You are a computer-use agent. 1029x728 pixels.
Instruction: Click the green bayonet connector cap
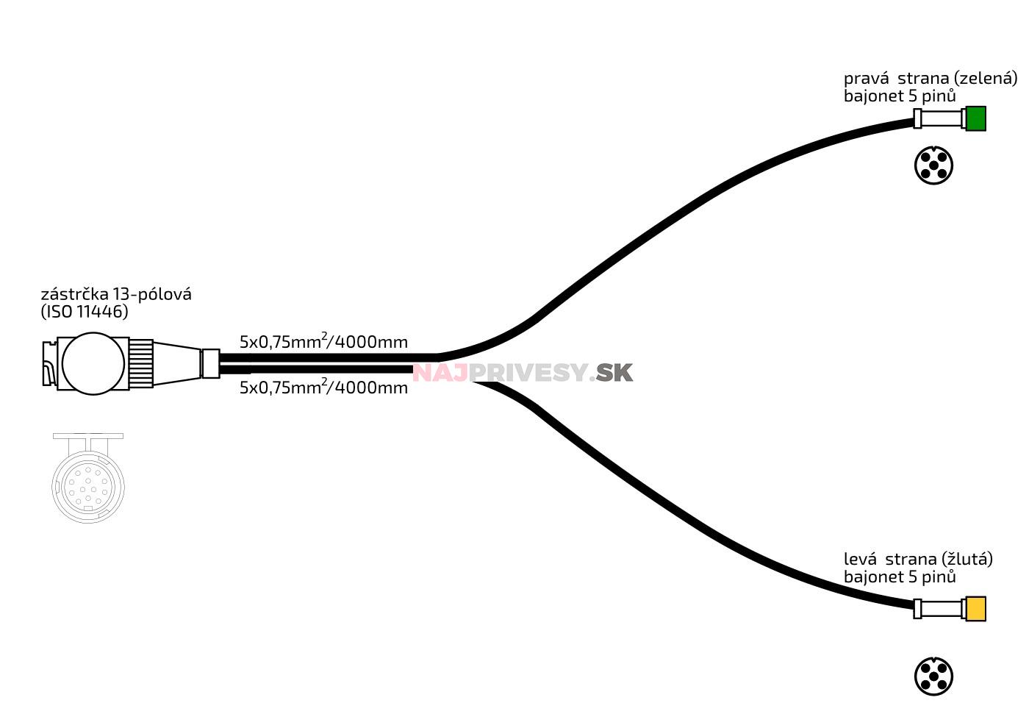(975, 118)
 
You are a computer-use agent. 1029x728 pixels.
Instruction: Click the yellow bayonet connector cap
(975, 609)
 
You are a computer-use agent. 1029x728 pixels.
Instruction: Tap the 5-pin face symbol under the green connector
(933, 165)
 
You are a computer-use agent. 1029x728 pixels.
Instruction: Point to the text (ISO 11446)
(84, 312)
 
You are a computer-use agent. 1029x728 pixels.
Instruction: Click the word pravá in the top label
(866, 79)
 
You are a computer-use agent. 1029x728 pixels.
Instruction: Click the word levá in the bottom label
(861, 560)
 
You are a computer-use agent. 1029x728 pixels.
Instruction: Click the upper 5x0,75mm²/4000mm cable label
(323, 342)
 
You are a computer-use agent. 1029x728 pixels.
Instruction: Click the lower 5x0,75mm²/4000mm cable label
(323, 388)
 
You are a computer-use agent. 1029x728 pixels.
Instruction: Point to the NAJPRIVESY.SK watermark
(522, 373)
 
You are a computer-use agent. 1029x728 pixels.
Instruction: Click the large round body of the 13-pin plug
(93, 363)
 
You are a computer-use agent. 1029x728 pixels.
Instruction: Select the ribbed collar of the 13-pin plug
(142, 363)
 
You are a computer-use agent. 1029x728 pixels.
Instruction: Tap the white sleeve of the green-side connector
(942, 118)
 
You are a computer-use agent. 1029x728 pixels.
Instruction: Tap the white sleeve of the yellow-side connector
(942, 609)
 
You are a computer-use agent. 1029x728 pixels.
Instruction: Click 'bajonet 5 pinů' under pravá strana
(900, 96)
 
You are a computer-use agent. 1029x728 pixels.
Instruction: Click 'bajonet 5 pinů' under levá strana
(900, 577)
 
